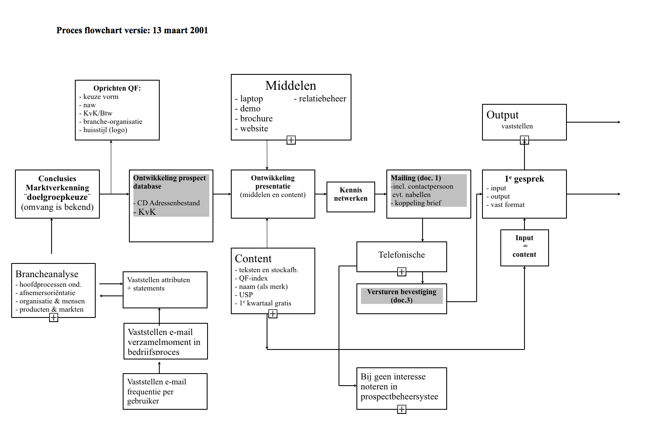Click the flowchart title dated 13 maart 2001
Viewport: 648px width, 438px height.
click(x=132, y=30)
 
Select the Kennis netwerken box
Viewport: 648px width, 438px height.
click(x=351, y=194)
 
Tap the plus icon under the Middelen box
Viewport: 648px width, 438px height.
click(x=291, y=140)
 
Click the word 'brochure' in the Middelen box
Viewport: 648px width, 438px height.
click(x=256, y=118)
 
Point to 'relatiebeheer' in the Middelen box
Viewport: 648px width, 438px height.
click(x=322, y=98)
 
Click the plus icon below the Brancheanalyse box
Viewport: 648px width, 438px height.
click(x=54, y=317)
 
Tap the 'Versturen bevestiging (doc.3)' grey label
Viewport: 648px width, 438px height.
click(x=401, y=296)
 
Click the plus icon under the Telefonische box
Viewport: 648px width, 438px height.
click(x=402, y=272)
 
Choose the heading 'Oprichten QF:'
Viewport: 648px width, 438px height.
click(x=117, y=88)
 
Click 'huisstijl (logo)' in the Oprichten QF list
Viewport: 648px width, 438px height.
click(x=105, y=130)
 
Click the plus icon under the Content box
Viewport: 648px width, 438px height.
click(x=273, y=314)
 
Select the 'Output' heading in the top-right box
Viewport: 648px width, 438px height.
click(x=502, y=115)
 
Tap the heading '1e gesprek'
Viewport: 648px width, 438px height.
click(x=524, y=179)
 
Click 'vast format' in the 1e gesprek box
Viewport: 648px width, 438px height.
click(x=507, y=204)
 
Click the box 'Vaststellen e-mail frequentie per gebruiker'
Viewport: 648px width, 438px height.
click(x=165, y=391)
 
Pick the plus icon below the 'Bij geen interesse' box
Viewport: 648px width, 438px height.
click(x=402, y=409)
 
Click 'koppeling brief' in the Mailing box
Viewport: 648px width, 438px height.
click(x=418, y=203)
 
